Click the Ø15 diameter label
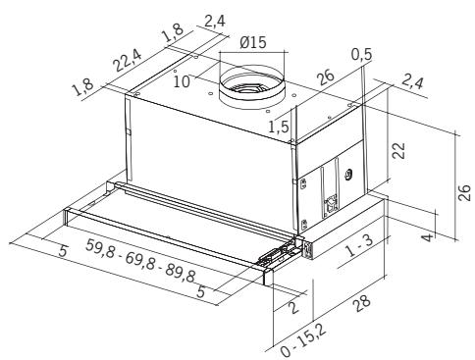tap(253, 42)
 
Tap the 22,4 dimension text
tap(128, 61)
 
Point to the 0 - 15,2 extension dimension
tap(303, 341)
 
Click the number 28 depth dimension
tap(361, 303)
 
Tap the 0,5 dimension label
tap(362, 55)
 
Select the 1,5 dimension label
tap(279, 127)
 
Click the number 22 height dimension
tap(398, 151)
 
